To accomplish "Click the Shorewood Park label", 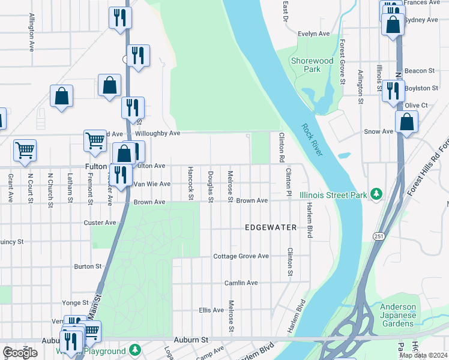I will (x=312, y=65).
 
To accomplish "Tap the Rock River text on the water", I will (x=312, y=140).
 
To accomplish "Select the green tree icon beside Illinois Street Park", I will (x=376, y=193).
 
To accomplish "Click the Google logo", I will (x=20, y=353).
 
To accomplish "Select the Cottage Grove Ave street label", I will (x=241, y=256).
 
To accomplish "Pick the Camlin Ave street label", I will (x=241, y=283).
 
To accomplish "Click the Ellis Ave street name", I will (x=211, y=310).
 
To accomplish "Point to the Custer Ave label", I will (x=100, y=223).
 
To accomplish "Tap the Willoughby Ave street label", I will (x=158, y=133).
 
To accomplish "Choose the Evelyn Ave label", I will (x=315, y=34).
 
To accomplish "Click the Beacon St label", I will (x=420, y=71).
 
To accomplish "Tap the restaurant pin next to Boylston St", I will (x=393, y=91).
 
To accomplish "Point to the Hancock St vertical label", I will (x=190, y=184).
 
